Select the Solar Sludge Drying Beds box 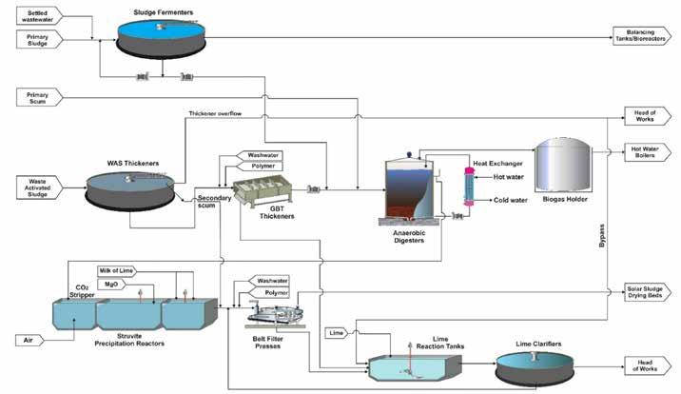coord(647,289)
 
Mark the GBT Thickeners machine coord(260,189)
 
